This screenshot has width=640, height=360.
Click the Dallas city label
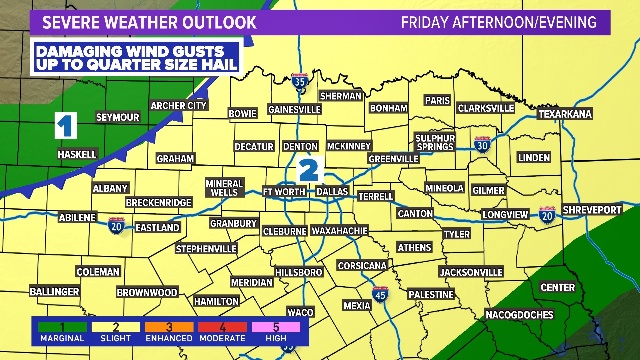pyautogui.click(x=332, y=191)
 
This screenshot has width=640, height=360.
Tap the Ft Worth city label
pyautogui.click(x=284, y=192)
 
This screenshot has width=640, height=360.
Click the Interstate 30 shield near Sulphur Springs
pyautogui.click(x=482, y=145)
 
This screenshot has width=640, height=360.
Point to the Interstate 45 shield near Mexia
pyautogui.click(x=380, y=295)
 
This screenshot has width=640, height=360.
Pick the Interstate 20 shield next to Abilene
pyautogui.click(x=116, y=226)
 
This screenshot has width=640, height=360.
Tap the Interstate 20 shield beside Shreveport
pyautogui.click(x=547, y=215)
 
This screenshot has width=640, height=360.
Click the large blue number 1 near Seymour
pyautogui.click(x=66, y=125)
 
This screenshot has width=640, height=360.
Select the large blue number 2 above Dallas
pyautogui.click(x=309, y=170)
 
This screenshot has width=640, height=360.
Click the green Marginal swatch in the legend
pyautogui.click(x=62, y=327)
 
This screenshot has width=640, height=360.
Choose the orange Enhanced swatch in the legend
pyautogui.click(x=169, y=327)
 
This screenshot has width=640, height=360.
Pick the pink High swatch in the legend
pyautogui.click(x=276, y=327)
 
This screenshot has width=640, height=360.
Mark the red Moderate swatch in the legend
pyautogui.click(x=222, y=327)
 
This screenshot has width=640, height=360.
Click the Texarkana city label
pyautogui.click(x=565, y=114)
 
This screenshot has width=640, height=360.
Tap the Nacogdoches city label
pyautogui.click(x=519, y=315)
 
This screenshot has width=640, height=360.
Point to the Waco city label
pyautogui.click(x=300, y=312)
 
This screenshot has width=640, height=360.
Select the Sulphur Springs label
pyautogui.click(x=435, y=142)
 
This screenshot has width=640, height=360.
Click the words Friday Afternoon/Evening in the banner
pyautogui.click(x=499, y=22)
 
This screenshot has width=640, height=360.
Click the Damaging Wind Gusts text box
pyautogui.click(x=136, y=57)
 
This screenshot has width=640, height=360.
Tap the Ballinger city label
pyautogui.click(x=55, y=292)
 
